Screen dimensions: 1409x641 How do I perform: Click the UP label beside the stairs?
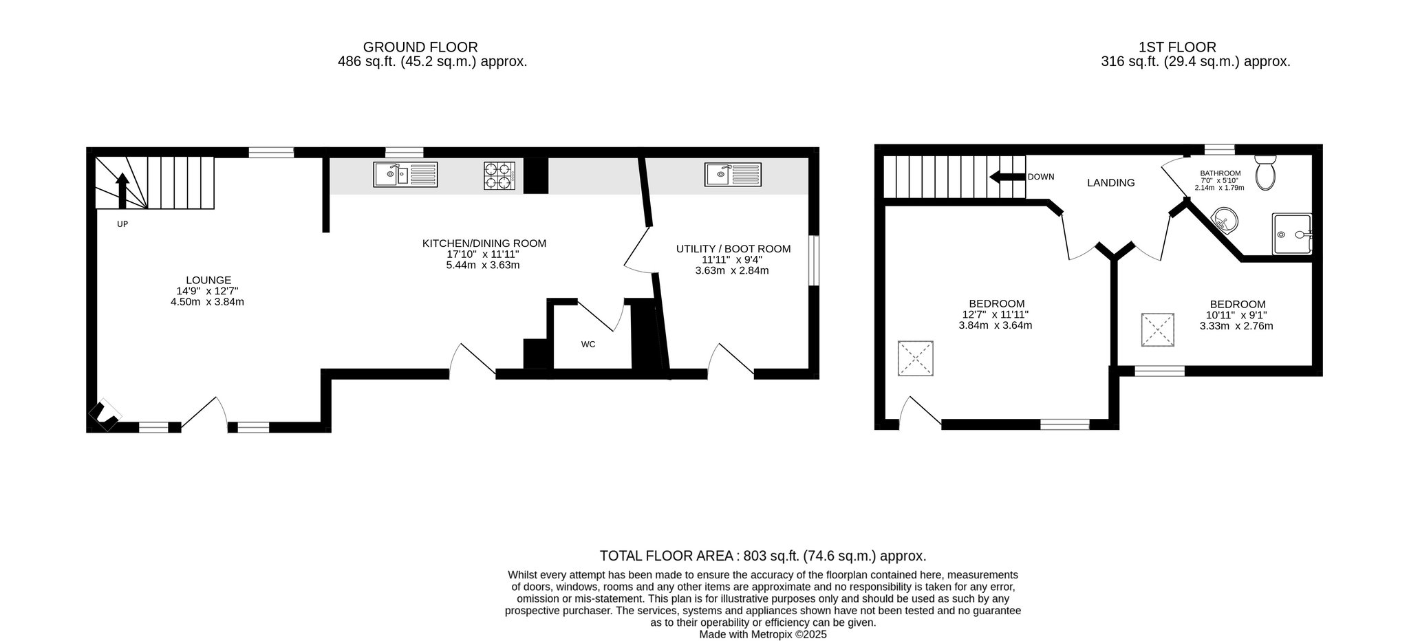[x=122, y=224]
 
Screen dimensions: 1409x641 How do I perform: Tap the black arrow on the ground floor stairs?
[x=122, y=191]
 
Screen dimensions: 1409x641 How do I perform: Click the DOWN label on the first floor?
[x=1041, y=177]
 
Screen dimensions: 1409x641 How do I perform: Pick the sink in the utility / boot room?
[x=733, y=174]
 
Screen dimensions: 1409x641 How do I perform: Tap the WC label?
[x=588, y=344]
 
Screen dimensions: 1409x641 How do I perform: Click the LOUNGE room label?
[x=208, y=280]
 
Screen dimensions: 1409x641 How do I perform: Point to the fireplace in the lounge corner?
[x=105, y=415]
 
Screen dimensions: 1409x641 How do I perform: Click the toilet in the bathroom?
[x=1265, y=172]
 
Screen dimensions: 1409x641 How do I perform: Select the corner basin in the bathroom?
[x=1225, y=221]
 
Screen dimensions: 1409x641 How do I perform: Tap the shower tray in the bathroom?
[x=1291, y=234]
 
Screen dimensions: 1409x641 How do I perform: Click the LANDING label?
[x=1111, y=183]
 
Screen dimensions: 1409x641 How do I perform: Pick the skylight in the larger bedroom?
[x=916, y=358]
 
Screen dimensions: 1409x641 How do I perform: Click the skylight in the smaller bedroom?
[x=1159, y=331]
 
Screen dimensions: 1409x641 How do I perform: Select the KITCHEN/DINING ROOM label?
[x=484, y=243]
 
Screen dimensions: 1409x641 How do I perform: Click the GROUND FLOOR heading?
[x=420, y=47]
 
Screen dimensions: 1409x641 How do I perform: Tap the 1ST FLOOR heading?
[x=1177, y=47]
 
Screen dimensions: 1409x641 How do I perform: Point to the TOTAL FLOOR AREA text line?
[x=763, y=556]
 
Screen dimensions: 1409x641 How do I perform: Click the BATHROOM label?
[x=1220, y=173]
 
